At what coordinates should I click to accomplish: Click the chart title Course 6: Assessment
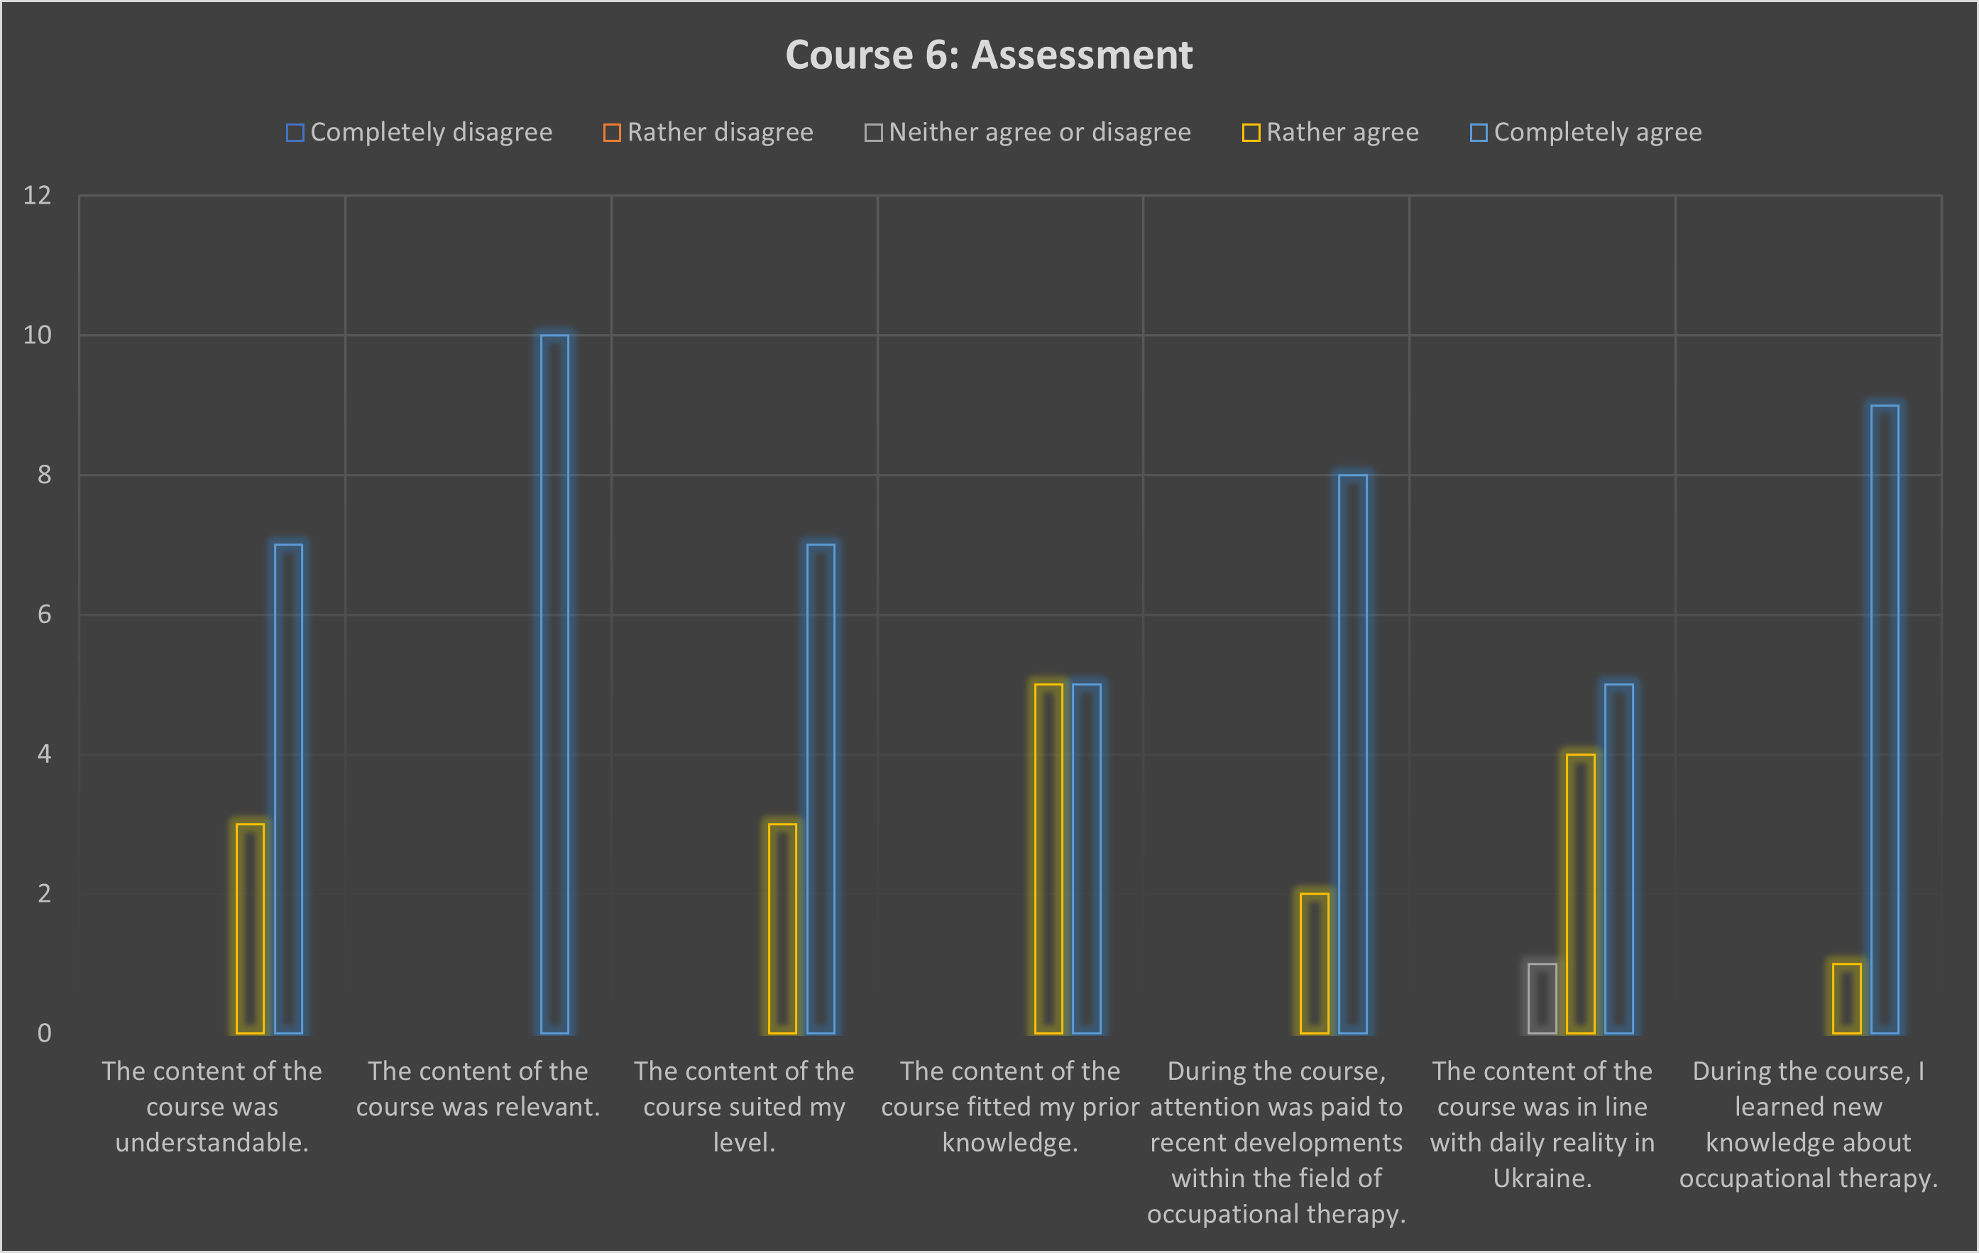pyautogui.click(x=989, y=55)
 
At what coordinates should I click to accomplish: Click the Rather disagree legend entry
pyautogui.click(x=708, y=132)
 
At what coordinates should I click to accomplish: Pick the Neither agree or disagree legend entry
pyautogui.click(x=1027, y=132)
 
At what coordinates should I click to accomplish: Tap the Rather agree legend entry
pyautogui.click(x=1330, y=132)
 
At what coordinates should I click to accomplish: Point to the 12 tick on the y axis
pyautogui.click(x=37, y=196)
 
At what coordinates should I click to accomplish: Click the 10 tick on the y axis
pyautogui.click(x=37, y=335)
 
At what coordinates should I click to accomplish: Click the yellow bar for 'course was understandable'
pyautogui.click(x=250, y=929)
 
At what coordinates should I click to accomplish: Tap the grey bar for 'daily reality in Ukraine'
pyautogui.click(x=1542, y=998)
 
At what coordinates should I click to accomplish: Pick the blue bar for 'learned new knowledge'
pyautogui.click(x=1885, y=719)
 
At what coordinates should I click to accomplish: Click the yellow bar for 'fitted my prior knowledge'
pyautogui.click(x=1048, y=859)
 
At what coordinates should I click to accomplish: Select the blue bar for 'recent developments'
pyautogui.click(x=1353, y=754)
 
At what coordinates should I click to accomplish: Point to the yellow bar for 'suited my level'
pyautogui.click(x=782, y=929)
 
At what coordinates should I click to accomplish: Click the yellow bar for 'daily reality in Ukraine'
pyautogui.click(x=1580, y=893)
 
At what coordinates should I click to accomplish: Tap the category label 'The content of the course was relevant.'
pyautogui.click(x=478, y=1088)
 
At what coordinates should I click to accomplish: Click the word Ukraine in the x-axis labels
pyautogui.click(x=1542, y=1179)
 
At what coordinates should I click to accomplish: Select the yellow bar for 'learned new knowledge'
pyautogui.click(x=1847, y=998)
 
